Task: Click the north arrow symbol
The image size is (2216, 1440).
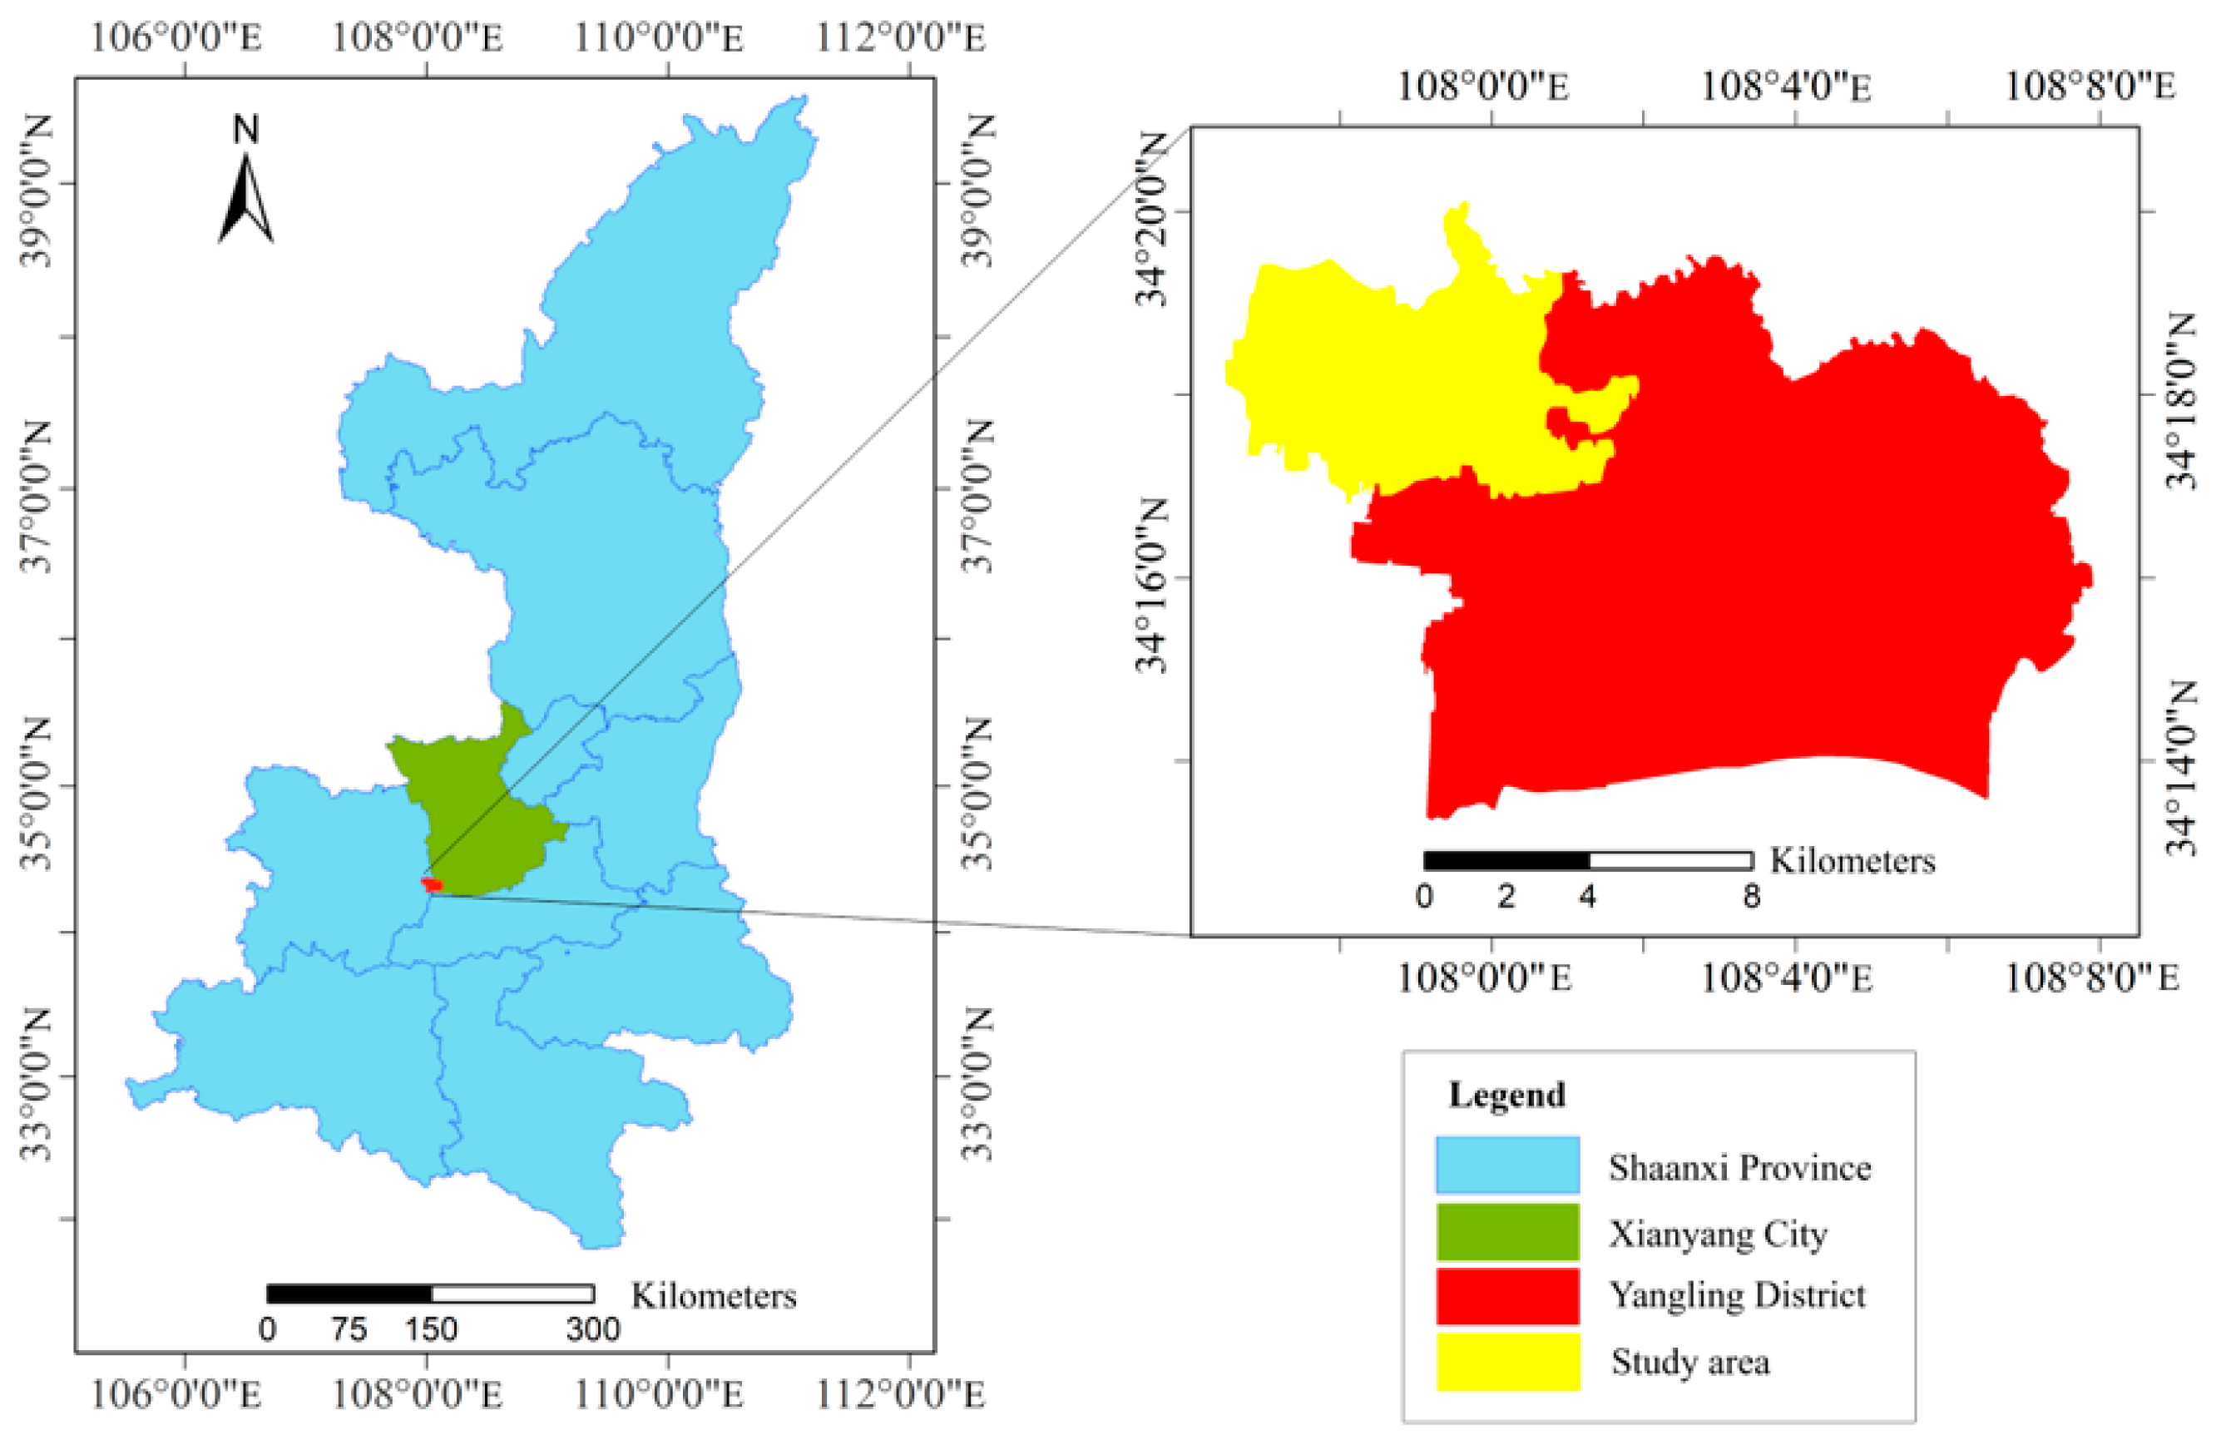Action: point(246,200)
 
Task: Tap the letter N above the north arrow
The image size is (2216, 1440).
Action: point(246,130)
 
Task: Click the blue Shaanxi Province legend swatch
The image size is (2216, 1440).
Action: point(1506,1165)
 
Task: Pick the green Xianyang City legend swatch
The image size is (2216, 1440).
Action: point(1506,1231)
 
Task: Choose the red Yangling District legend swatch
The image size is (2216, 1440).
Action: point(1506,1295)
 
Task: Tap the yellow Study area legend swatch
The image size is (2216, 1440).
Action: point(1506,1361)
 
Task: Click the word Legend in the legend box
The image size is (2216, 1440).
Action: point(1506,1095)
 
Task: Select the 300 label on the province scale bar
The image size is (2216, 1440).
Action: point(593,1329)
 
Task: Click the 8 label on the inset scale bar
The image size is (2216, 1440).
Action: point(1751,897)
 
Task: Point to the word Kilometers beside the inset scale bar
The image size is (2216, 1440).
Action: point(1852,861)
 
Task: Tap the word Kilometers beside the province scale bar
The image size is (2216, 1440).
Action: point(713,1295)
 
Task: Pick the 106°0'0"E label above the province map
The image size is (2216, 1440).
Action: point(177,38)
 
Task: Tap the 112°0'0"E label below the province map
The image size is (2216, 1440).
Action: point(900,1395)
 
